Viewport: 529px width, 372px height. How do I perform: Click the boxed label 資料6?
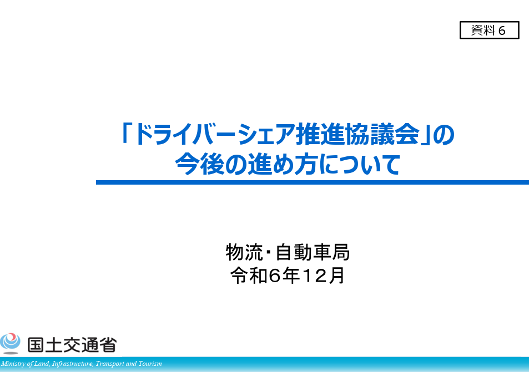tap(489, 30)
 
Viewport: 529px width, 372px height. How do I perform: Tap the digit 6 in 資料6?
tap(502, 30)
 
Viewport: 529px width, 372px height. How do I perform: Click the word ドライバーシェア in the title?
tap(215, 134)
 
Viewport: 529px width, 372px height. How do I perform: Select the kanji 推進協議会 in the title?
tap(357, 134)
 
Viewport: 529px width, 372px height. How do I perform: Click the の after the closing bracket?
tap(444, 135)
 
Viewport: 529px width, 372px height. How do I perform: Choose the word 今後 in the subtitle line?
tap(200, 164)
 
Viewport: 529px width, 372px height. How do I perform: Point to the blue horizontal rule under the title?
tap(313, 182)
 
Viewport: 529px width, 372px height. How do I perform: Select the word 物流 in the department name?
tap(244, 252)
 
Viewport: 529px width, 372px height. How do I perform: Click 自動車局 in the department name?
tap(313, 252)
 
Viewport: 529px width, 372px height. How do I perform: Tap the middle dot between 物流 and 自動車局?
tap(269, 252)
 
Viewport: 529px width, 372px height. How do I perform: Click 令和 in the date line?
tap(249, 276)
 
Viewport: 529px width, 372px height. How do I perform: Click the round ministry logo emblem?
tap(10, 343)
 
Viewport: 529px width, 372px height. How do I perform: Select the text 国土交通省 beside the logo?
tap(72, 345)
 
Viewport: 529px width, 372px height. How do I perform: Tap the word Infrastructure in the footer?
tap(73, 364)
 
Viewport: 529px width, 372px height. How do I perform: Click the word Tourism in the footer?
tap(150, 364)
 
